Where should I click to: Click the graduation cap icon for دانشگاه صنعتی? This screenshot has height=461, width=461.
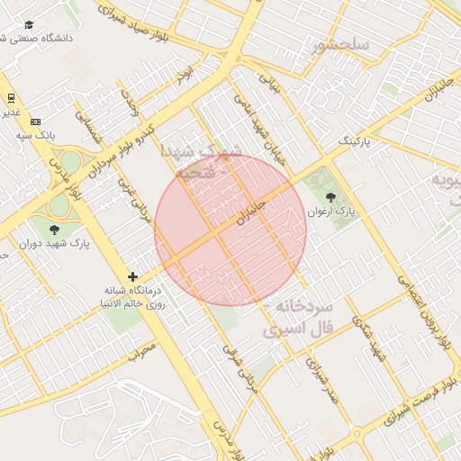29,25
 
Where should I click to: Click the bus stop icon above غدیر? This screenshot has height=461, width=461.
11,97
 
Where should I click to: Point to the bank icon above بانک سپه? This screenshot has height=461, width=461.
35,122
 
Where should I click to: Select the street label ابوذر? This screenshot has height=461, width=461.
185,72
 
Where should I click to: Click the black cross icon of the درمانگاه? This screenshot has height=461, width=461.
133,276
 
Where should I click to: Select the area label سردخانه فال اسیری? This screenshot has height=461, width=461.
299,319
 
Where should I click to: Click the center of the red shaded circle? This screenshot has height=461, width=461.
230,229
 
